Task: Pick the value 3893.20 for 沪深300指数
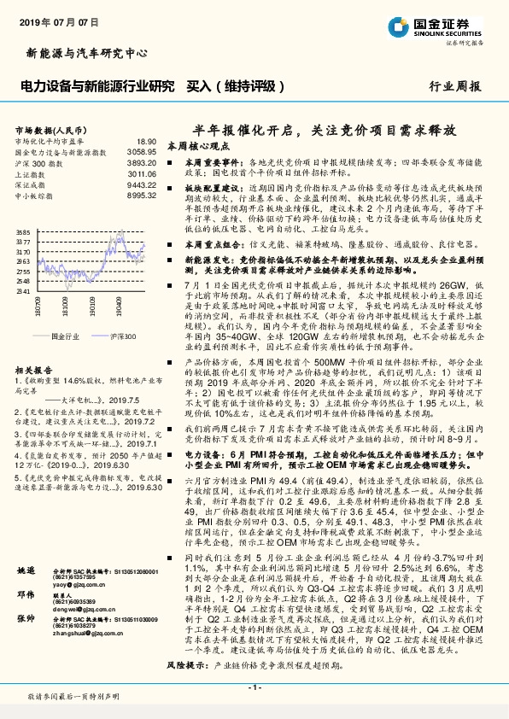(141, 161)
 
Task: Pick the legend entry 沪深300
(123, 336)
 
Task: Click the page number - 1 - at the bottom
(254, 687)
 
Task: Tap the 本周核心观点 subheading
(196, 146)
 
